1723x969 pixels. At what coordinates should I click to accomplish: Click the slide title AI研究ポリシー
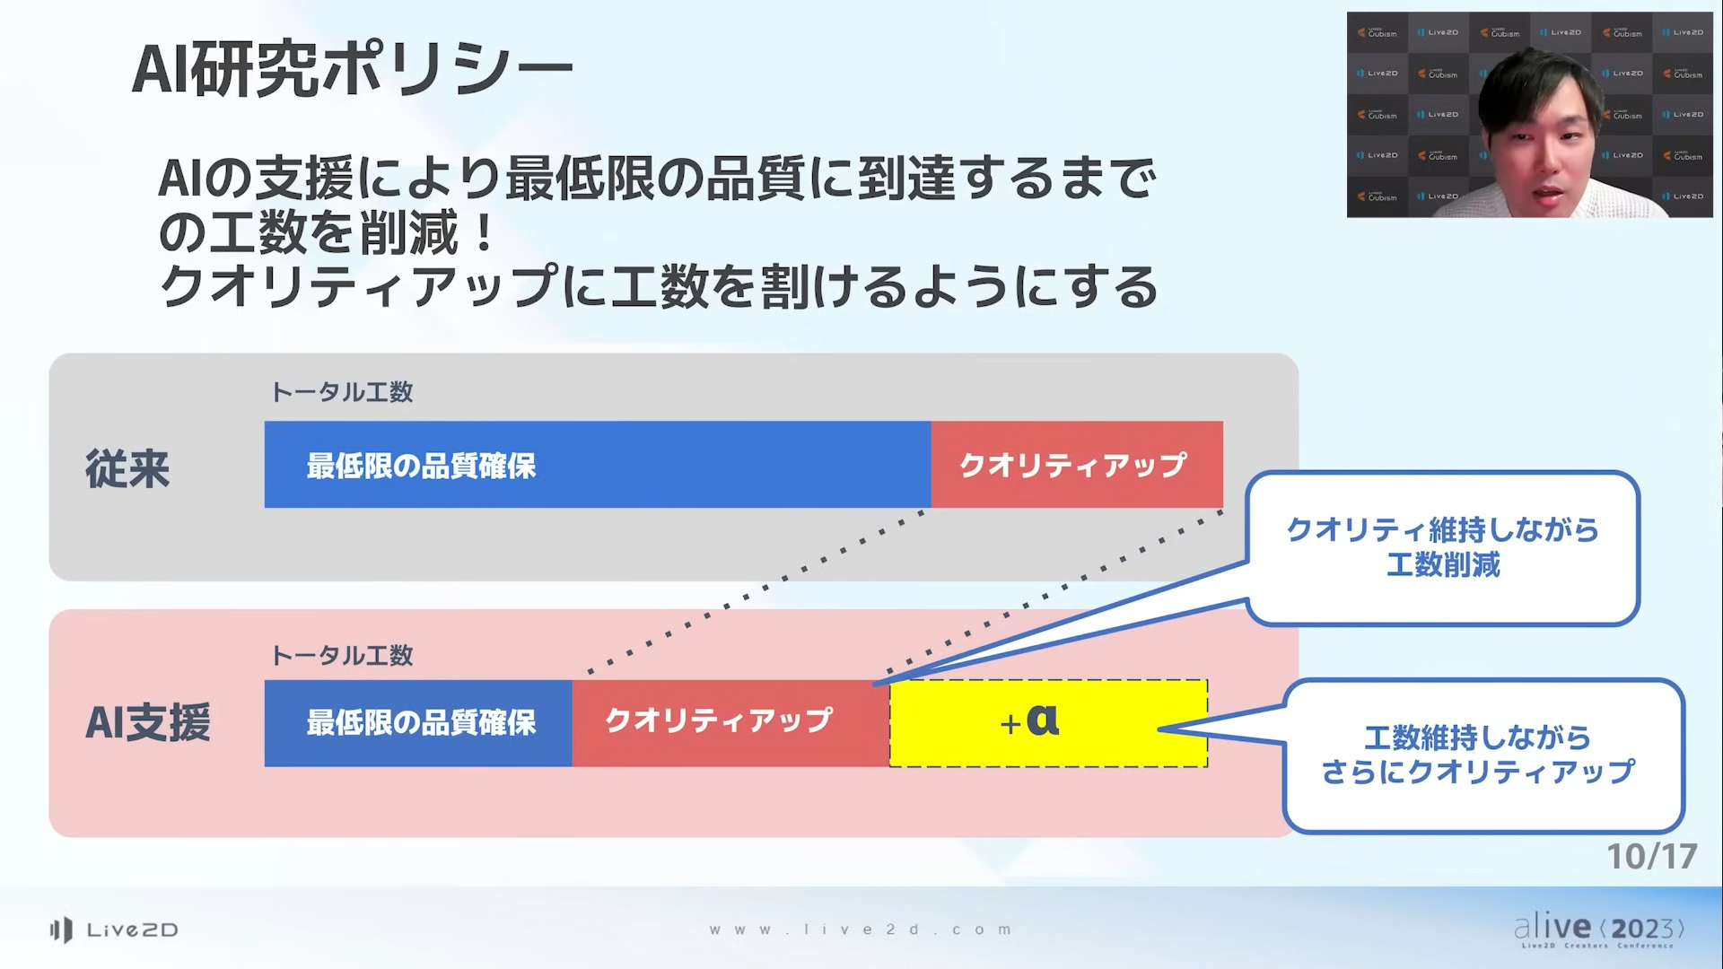coord(352,69)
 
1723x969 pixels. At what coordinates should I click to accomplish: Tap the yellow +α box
coord(1048,723)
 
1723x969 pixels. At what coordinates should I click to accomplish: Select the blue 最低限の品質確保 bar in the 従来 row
coord(598,465)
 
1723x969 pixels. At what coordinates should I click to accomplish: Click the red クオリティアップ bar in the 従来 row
coord(1077,465)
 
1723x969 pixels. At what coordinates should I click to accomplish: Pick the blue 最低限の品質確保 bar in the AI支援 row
coord(418,723)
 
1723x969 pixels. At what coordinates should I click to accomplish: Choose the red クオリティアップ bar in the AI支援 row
coord(730,723)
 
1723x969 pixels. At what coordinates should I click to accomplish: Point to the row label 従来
coord(127,468)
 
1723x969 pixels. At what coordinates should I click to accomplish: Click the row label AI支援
coord(148,723)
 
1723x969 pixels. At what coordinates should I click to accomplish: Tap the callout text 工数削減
coord(1443,565)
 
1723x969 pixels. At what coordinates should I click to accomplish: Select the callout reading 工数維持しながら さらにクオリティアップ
coord(1483,755)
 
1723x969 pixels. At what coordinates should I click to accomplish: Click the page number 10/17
coord(1651,857)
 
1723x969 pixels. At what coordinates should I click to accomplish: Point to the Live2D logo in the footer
coord(114,930)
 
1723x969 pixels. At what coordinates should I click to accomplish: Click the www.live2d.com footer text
coord(861,930)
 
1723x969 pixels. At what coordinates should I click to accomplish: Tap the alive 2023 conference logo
coord(1598,930)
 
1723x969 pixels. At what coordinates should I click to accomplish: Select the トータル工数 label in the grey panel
coord(342,392)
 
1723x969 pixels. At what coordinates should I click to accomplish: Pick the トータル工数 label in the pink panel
coord(342,656)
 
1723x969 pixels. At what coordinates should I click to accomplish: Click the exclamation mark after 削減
coord(485,233)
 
